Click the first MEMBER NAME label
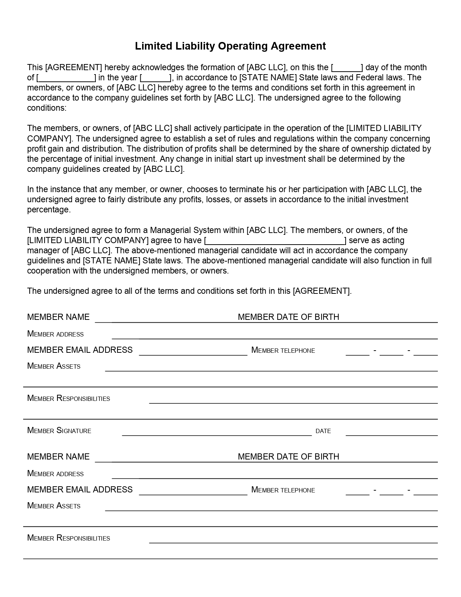[58, 317]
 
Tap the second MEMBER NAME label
[58, 457]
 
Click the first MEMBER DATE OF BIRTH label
[289, 317]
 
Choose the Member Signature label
[59, 431]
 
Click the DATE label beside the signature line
[323, 431]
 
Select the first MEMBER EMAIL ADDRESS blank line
[193, 353]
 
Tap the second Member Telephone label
[283, 490]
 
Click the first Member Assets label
[54, 366]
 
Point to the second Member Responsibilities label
[69, 538]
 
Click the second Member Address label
[55, 474]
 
